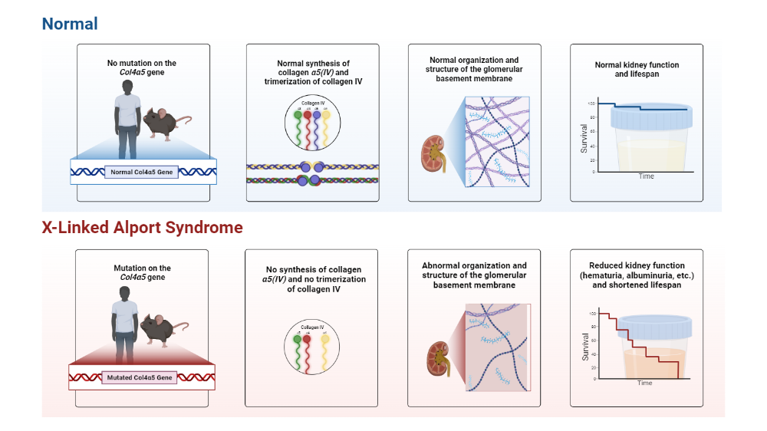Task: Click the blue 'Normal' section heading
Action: pyautogui.click(x=70, y=24)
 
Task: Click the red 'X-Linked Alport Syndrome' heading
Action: pyautogui.click(x=142, y=228)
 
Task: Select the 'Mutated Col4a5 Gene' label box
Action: pyautogui.click(x=140, y=377)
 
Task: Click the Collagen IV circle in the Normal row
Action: pyautogui.click(x=311, y=125)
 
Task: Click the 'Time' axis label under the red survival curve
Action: pyautogui.click(x=645, y=383)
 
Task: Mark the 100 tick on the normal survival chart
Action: pyautogui.click(x=591, y=103)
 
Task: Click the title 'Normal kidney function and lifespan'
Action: pyautogui.click(x=637, y=70)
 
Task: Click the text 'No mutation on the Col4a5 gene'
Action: pyautogui.click(x=142, y=67)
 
